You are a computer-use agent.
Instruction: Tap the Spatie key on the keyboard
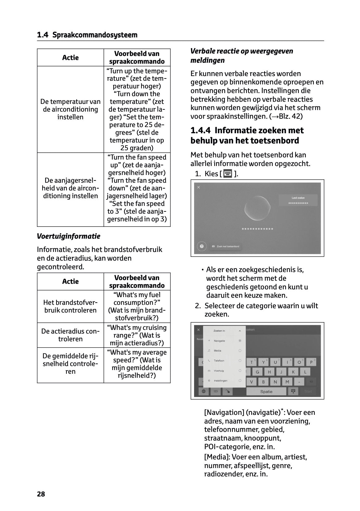(x=266, y=391)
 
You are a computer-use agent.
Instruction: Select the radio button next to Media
(x=240, y=351)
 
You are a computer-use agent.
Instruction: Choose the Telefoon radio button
(x=240, y=361)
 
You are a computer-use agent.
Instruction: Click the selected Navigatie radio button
(x=240, y=341)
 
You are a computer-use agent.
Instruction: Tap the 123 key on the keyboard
(x=216, y=391)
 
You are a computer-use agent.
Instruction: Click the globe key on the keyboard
(x=204, y=391)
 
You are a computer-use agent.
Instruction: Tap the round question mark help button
(x=202, y=246)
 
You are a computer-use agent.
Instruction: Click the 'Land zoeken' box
(x=298, y=200)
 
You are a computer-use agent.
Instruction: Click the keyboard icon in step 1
(x=228, y=173)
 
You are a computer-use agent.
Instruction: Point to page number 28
(x=41, y=494)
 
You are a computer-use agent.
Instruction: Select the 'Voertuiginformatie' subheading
(x=69, y=236)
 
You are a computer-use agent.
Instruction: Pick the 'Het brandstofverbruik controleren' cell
(x=70, y=306)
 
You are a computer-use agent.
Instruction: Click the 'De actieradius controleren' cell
(x=70, y=335)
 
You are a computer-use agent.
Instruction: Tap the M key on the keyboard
(x=287, y=382)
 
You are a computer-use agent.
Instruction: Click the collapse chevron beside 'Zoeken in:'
(x=240, y=331)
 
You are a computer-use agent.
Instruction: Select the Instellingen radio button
(x=240, y=381)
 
